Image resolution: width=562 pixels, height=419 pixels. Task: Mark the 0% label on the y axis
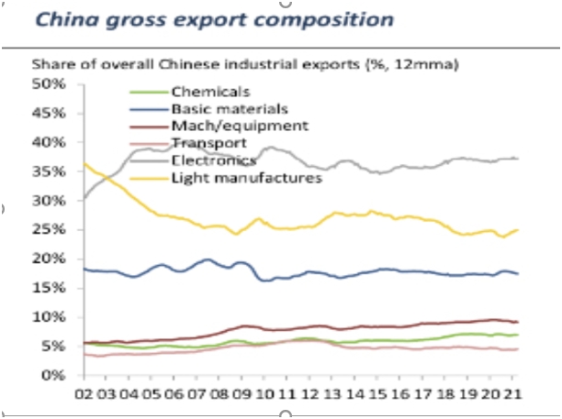click(x=54, y=375)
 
